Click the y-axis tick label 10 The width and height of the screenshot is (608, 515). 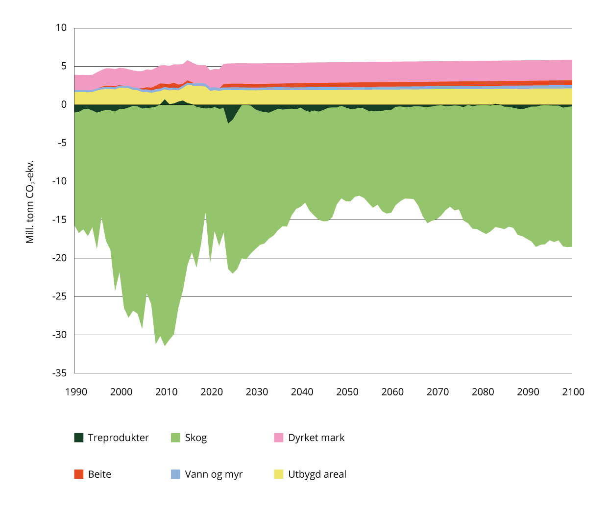click(x=61, y=28)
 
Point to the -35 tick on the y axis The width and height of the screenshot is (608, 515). click(x=59, y=373)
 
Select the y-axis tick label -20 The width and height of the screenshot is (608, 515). click(x=59, y=258)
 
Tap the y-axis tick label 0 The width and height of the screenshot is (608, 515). click(x=64, y=104)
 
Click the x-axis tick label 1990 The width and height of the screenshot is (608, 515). click(x=76, y=392)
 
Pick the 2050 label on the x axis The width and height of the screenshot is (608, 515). click(x=347, y=392)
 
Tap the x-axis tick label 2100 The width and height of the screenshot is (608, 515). click(x=573, y=392)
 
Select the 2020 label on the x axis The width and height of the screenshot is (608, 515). click(x=212, y=392)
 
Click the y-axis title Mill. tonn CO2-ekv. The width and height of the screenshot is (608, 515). click(x=30, y=201)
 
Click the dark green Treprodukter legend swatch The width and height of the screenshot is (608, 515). click(x=79, y=438)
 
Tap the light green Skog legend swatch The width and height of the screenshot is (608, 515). click(x=175, y=438)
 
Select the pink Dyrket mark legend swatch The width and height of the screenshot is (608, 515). click(x=279, y=438)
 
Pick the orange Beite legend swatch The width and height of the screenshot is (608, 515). click(x=79, y=474)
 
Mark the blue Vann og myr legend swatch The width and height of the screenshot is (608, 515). click(x=175, y=474)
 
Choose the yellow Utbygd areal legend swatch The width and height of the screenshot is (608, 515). click(x=279, y=474)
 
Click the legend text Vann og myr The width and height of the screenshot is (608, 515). click(x=214, y=474)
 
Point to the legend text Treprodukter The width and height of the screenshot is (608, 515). click(x=118, y=438)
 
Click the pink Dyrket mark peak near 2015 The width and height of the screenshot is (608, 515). click(x=188, y=62)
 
